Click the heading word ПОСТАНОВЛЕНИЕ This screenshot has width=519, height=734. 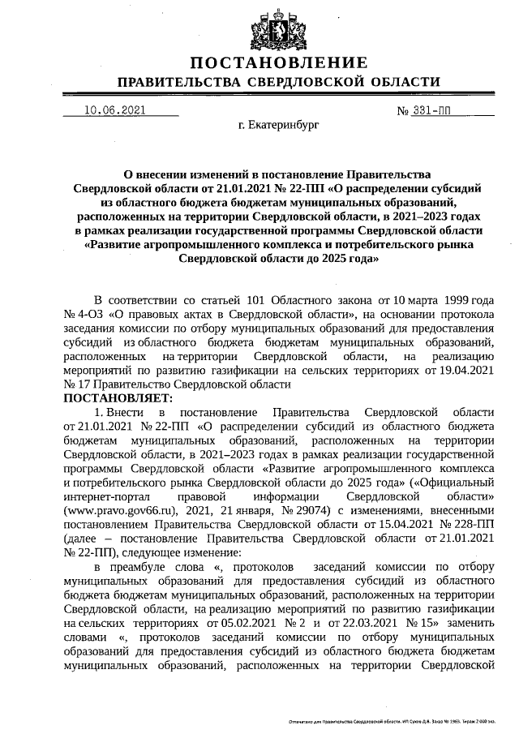(x=279, y=62)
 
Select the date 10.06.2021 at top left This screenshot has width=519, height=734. (x=114, y=110)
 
